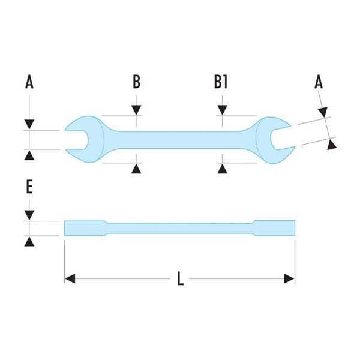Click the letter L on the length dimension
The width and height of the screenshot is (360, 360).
[x=179, y=279]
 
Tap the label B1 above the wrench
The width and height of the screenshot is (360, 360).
[x=221, y=82]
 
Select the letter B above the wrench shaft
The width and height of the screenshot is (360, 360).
[x=137, y=82]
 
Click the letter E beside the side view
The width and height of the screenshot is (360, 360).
[x=29, y=187]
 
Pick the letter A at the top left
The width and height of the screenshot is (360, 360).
[x=29, y=82]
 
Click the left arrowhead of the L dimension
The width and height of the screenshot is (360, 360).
[x=70, y=278]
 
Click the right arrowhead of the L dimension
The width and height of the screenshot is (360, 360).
[x=290, y=278]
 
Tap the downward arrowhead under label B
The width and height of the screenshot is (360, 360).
[x=137, y=110]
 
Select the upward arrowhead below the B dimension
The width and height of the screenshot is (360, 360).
[x=137, y=169]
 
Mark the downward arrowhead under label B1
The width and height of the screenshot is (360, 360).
[x=222, y=110]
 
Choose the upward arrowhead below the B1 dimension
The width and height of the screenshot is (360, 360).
[x=222, y=169]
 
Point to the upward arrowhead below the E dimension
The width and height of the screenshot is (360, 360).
[x=29, y=241]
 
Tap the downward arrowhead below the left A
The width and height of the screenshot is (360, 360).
[x=29, y=124]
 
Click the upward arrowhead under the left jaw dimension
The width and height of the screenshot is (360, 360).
[x=29, y=155]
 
